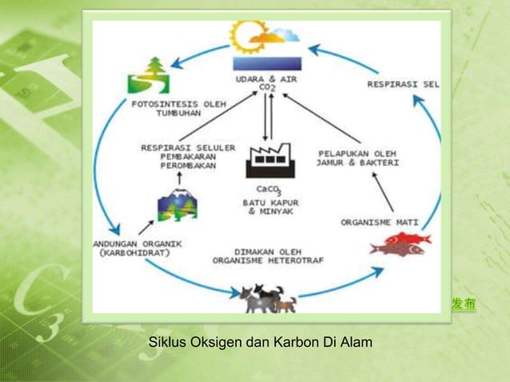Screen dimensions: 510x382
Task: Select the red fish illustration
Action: (400, 243)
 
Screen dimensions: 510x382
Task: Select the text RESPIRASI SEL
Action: (403, 83)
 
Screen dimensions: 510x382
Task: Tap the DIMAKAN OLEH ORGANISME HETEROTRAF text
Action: (268, 255)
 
